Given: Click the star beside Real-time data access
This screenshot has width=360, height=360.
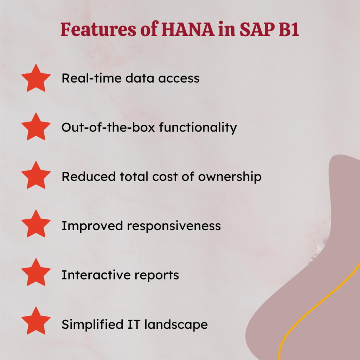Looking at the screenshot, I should pos(36,78).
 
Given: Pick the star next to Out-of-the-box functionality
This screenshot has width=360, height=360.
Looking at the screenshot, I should pos(36,127).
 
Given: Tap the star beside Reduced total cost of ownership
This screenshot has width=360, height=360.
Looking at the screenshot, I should pos(36,176).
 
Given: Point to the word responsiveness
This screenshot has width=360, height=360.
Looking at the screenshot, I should pos(174,225).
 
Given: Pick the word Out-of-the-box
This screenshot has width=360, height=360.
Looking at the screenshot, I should pos(109,127).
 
